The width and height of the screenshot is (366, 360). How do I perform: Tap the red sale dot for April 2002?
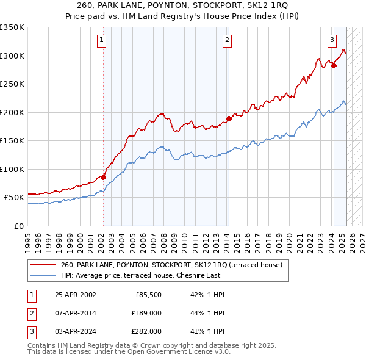[103, 178]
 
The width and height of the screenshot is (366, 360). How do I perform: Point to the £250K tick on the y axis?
[12, 84]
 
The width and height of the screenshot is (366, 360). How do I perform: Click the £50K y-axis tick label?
[13, 198]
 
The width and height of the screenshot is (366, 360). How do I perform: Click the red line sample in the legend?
[43, 265]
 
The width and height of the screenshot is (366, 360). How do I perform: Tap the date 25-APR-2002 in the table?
[75, 295]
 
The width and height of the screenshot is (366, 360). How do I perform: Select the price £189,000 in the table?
[147, 313]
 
